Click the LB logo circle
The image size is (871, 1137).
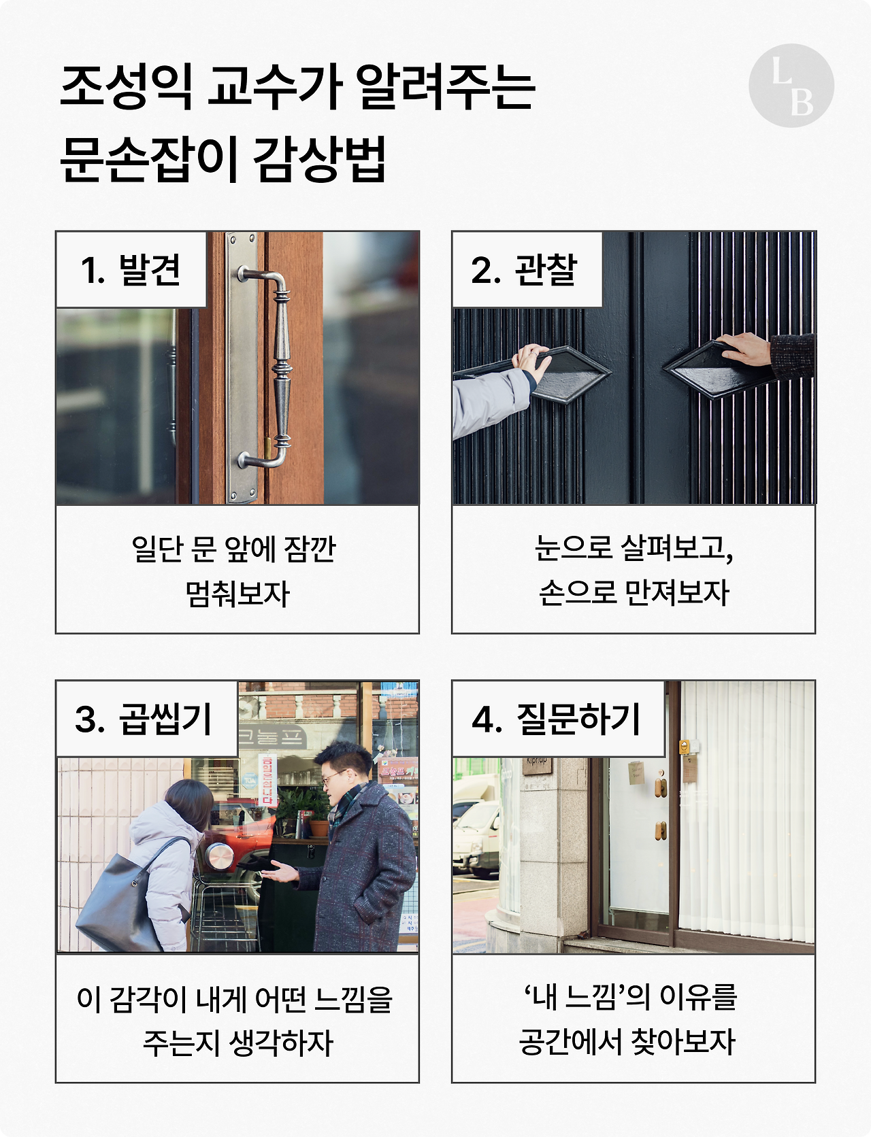click(791, 86)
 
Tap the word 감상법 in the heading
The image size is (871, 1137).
click(319, 159)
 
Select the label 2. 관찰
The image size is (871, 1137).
click(524, 270)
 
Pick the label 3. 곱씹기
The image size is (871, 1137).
click(144, 719)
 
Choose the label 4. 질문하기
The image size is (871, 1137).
click(557, 719)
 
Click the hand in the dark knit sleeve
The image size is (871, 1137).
click(745, 349)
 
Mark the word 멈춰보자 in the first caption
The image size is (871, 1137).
click(237, 594)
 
